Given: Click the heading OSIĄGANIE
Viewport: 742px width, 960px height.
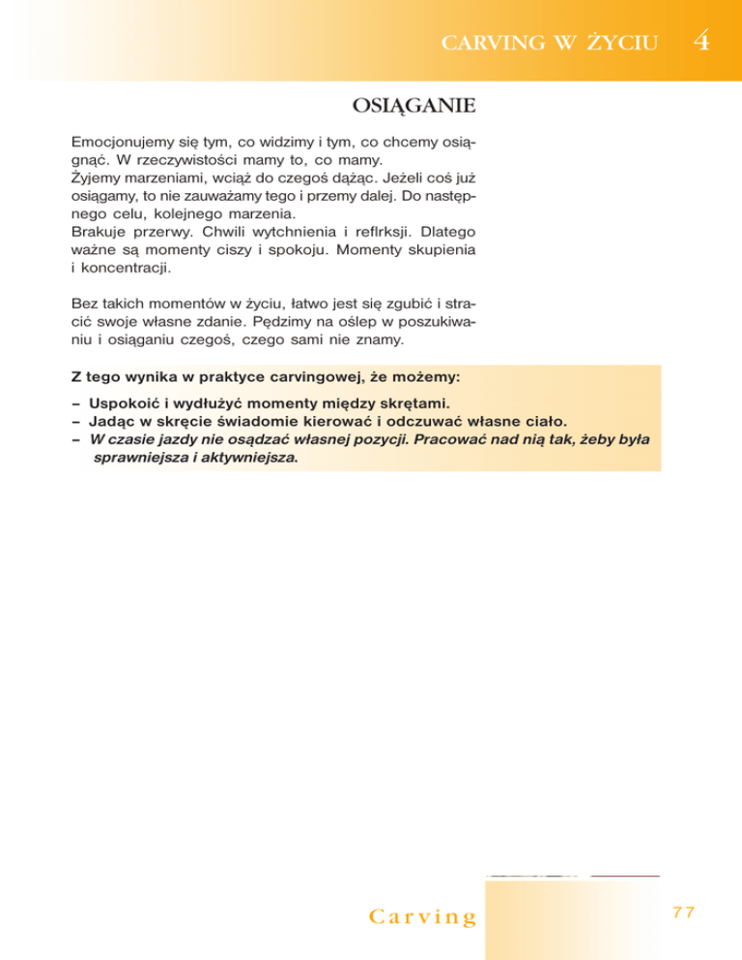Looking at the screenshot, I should coord(412,102).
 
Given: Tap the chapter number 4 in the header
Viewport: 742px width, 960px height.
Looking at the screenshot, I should coord(702,42).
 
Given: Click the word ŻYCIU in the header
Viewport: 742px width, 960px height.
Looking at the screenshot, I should coord(620,42).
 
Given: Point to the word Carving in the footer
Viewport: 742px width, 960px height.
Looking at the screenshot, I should coord(423,916).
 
